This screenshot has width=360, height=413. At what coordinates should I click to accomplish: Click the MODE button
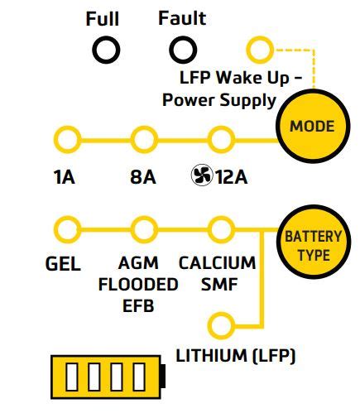(x=312, y=127)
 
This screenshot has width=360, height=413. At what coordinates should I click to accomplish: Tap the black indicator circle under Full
(x=105, y=51)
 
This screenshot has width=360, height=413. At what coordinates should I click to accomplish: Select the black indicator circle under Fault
(x=182, y=51)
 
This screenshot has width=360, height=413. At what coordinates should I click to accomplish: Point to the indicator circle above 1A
(x=63, y=137)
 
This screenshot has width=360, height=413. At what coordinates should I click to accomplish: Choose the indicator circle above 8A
(x=144, y=137)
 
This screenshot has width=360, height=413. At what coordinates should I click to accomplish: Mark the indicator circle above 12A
(x=221, y=137)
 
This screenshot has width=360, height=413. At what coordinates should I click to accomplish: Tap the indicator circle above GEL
(x=63, y=228)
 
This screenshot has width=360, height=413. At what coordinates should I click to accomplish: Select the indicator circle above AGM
(x=144, y=228)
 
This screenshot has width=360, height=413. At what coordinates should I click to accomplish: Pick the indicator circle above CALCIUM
(x=221, y=228)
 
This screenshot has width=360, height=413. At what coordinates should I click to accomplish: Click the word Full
(x=103, y=18)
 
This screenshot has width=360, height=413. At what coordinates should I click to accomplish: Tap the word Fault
(x=182, y=18)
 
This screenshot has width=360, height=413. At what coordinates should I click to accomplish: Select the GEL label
(x=63, y=265)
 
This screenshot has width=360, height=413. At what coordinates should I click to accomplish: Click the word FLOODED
(x=138, y=285)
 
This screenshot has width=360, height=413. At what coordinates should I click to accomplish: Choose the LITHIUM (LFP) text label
(x=236, y=356)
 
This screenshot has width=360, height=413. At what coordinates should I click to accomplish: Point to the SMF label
(x=218, y=285)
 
